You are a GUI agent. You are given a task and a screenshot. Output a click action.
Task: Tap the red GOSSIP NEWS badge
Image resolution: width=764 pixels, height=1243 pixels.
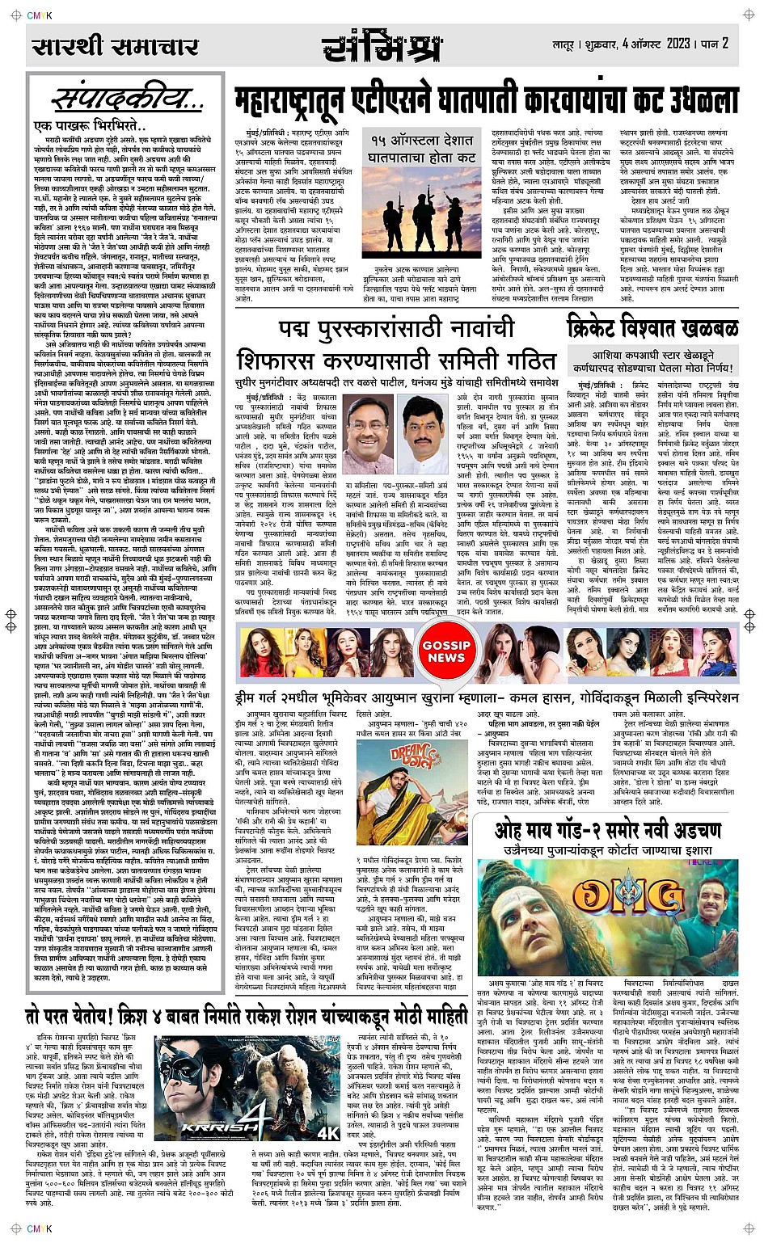pos(445,651)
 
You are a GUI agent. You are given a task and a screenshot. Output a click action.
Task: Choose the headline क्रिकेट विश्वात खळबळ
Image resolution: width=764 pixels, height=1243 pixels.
pos(652,327)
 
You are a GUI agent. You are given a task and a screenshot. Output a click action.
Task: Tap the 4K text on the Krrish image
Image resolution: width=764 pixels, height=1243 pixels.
pos(328,1134)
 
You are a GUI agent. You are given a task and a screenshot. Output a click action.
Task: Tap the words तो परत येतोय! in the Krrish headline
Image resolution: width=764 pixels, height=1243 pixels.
pos(70,1016)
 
